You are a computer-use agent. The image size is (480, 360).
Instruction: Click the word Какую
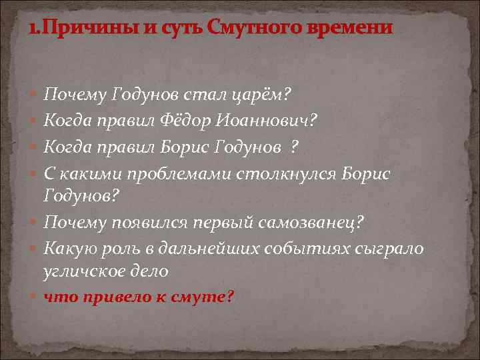tap(67, 247)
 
